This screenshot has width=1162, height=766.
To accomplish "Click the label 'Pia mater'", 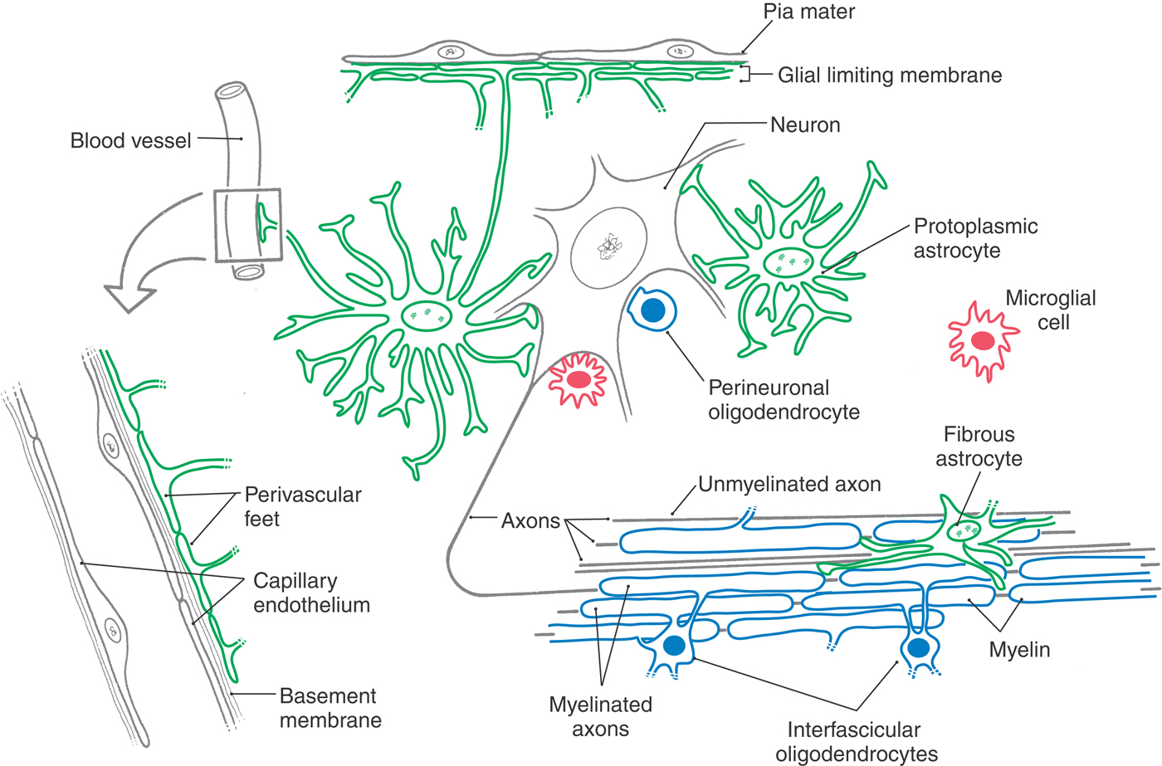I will (x=808, y=12).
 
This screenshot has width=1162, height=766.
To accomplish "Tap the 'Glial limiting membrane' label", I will (x=889, y=76).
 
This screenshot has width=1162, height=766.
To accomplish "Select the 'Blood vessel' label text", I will (x=130, y=141).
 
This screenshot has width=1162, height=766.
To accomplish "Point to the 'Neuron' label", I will (x=804, y=125).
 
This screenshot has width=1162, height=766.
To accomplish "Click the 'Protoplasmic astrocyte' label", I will (x=974, y=238).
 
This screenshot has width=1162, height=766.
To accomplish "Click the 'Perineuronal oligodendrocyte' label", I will (x=783, y=399).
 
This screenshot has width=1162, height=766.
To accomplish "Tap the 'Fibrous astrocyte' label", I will (x=979, y=446).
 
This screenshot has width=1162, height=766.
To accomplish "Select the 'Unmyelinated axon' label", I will (x=788, y=485).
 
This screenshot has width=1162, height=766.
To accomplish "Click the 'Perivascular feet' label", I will (x=302, y=506).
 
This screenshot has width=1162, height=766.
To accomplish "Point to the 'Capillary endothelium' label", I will (x=311, y=593).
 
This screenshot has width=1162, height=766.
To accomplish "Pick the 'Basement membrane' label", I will (x=329, y=708).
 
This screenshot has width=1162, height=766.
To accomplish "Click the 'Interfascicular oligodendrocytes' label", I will (x=856, y=742).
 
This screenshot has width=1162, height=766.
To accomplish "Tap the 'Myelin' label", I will (x=1019, y=650).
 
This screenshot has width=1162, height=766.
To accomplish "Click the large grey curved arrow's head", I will (x=130, y=297).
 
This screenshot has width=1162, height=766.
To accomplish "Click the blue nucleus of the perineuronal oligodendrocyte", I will (x=653, y=310).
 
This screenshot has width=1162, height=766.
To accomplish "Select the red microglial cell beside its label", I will (x=984, y=340).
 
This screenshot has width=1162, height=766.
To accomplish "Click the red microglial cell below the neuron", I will (x=579, y=380).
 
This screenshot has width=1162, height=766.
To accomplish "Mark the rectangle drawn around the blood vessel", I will (x=247, y=226).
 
